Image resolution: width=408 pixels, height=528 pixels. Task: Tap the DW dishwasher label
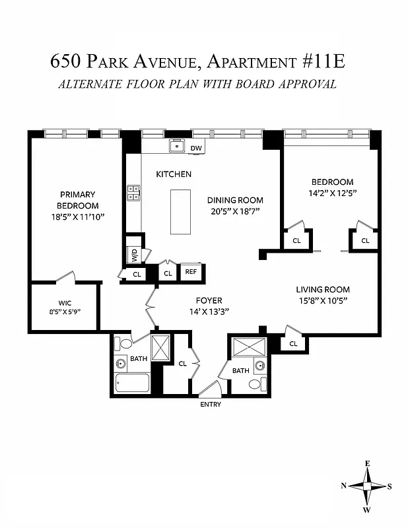pos(195,148)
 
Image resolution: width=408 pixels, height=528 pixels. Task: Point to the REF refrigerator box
pos(191,272)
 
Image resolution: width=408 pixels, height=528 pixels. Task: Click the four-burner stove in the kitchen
pos(133,192)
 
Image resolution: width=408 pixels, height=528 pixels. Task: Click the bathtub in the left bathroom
pos(132,385)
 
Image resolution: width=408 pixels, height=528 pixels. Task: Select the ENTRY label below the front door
pos(211,405)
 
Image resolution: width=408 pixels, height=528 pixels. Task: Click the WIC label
pos(65,303)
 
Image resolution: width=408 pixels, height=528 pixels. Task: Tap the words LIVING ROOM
pos(322,290)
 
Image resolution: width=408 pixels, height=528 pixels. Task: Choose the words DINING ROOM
pos(235,200)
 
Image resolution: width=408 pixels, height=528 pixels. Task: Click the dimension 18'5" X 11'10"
pos(78,216)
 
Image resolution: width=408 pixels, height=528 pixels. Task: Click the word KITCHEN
pos(174,174)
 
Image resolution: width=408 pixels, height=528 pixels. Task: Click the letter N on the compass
pos(343,486)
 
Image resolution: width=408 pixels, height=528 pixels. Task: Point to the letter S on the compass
pos(390,486)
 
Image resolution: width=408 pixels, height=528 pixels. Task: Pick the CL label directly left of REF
pos(168,273)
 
